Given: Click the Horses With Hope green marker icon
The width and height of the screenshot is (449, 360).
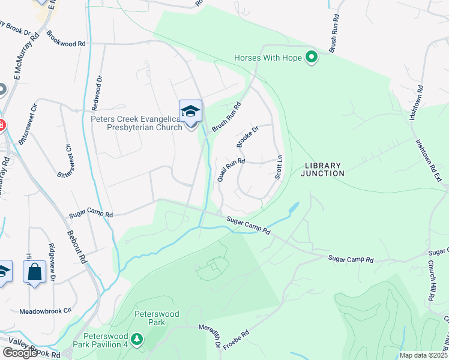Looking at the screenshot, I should [311, 58].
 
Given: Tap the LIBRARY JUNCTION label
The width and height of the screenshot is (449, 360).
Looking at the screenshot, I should [324, 169].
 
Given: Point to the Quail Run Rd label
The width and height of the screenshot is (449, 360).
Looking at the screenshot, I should [231, 170].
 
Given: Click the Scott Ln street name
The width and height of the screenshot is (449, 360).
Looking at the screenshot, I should [279, 167].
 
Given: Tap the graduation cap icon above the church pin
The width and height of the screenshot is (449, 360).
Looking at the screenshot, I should [191, 112].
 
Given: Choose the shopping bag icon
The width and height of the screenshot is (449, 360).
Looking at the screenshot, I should [35, 272].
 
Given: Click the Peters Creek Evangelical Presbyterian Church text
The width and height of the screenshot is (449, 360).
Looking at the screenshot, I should [136, 123].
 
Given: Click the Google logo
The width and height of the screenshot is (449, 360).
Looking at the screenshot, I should [20, 353].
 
